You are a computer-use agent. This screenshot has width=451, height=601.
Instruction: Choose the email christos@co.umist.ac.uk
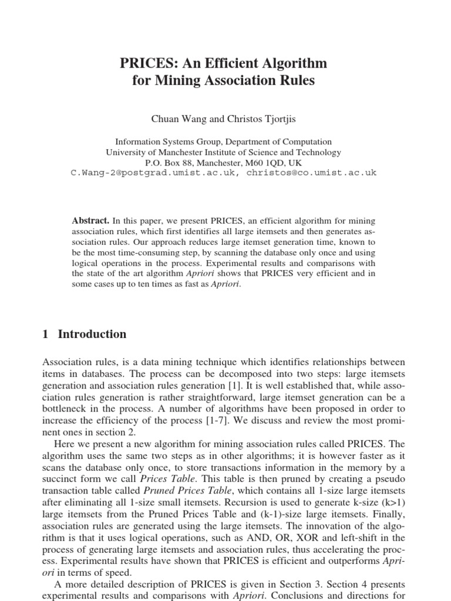pos(312,173)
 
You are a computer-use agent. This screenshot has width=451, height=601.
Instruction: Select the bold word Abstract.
pos(91,221)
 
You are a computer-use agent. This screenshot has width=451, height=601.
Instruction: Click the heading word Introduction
pos(92,335)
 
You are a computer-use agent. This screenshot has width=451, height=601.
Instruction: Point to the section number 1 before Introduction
pos(46,335)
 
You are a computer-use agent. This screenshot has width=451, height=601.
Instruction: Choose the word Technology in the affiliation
pos(319,152)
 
